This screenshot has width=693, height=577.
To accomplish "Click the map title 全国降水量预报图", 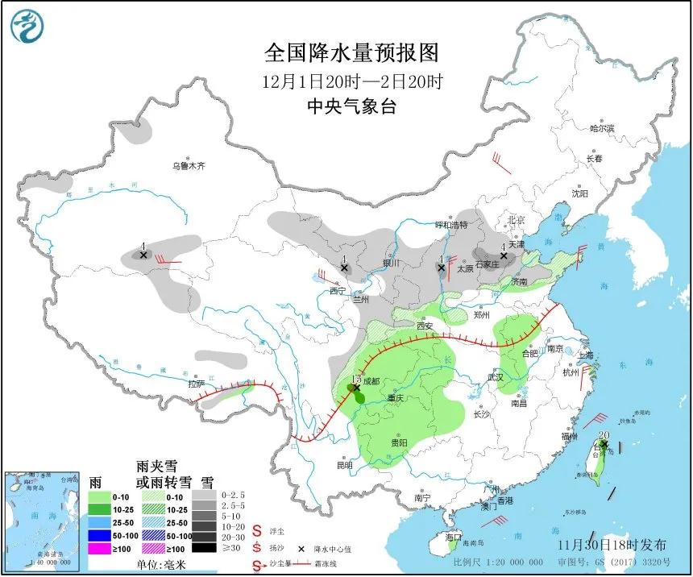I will coord(352,53).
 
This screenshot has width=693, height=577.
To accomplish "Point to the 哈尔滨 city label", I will coord(601,128).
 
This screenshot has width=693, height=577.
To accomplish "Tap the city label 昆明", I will coord(345,465).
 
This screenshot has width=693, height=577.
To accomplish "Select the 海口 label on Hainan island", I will coord(453,537).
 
